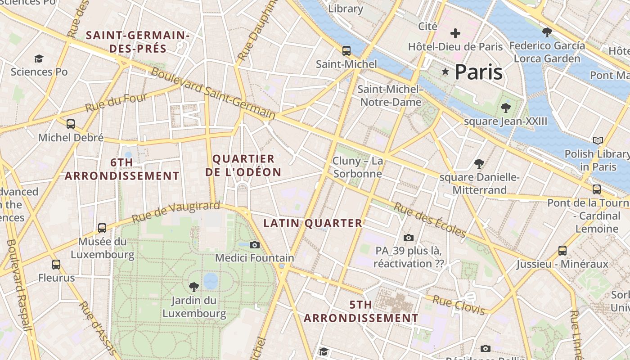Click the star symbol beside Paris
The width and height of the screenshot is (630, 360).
[x=445, y=72]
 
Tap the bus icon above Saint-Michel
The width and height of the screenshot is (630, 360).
[x=346, y=50]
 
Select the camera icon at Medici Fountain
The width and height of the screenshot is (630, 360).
[x=255, y=245]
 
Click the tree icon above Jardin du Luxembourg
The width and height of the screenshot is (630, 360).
[x=194, y=287]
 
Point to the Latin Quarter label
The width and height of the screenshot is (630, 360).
[x=313, y=223]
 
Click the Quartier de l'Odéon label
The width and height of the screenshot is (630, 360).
[x=243, y=165]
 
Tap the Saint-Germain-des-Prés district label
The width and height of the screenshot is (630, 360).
[x=137, y=42]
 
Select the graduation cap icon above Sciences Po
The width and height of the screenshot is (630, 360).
[x=39, y=58]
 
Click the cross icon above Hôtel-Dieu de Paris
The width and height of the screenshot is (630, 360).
[x=455, y=33]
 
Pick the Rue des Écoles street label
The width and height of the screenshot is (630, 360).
[x=430, y=220]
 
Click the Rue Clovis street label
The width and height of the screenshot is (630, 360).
[x=459, y=305]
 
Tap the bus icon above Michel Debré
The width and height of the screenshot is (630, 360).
[x=71, y=124]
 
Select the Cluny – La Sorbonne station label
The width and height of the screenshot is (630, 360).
[x=358, y=167]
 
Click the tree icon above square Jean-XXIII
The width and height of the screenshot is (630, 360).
[x=506, y=108]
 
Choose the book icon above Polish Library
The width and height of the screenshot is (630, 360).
[x=598, y=141]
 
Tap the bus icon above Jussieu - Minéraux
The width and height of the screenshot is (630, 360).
[x=562, y=251]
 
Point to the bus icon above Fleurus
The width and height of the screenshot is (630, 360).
[x=56, y=265]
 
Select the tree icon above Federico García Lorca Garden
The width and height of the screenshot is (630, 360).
[x=547, y=32]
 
